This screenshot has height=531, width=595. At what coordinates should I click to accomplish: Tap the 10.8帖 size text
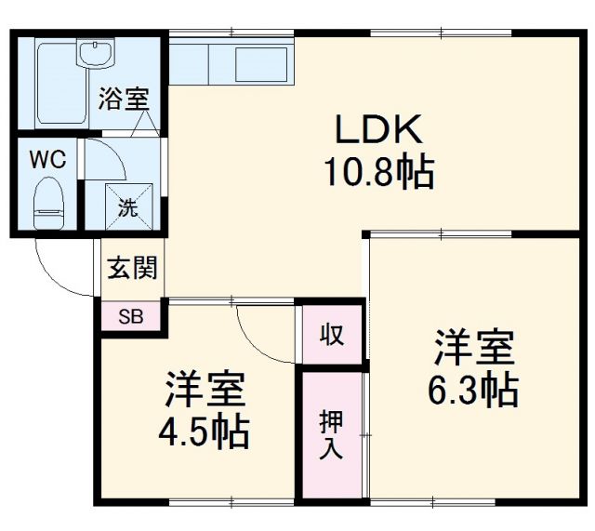click(x=378, y=172)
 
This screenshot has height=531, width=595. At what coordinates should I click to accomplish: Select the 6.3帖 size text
click(x=472, y=392)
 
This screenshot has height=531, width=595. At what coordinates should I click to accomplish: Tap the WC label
click(x=46, y=159)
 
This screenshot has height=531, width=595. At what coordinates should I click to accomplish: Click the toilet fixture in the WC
click(x=46, y=203)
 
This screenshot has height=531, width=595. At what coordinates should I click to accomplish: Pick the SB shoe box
click(x=131, y=316)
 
